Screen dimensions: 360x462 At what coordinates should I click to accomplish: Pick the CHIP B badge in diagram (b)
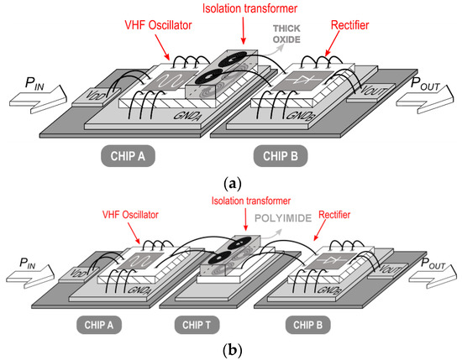tap(310, 323)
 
